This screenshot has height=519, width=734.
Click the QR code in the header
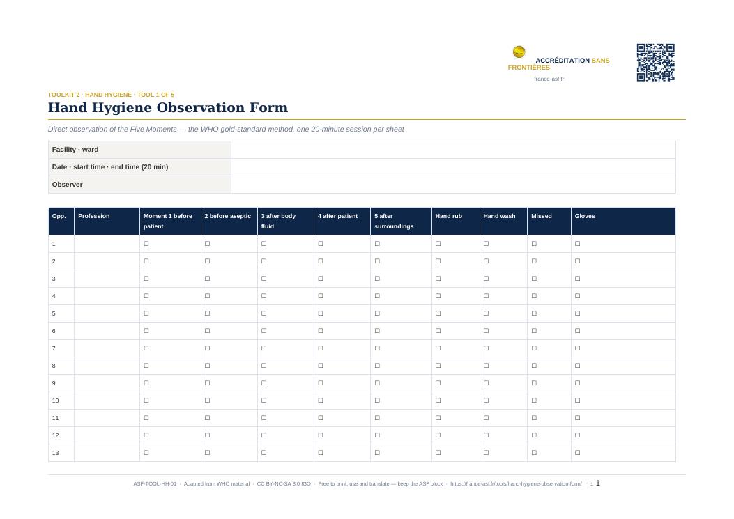[655, 63]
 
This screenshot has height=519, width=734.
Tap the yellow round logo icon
[519, 52]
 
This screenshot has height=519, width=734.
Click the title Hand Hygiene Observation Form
[167, 108]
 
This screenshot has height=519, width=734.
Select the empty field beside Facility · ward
[453, 150]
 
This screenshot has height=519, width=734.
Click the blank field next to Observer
[453, 185]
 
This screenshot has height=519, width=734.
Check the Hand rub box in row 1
[438, 244]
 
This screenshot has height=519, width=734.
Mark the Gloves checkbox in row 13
[578, 453]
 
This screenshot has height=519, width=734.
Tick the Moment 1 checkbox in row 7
[146, 348]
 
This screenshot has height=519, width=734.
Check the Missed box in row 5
[534, 313]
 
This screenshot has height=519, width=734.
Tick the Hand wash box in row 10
[486, 401]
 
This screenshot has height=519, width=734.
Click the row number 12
[55, 435]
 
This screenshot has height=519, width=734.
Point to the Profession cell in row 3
[107, 279]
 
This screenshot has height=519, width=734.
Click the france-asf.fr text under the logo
[549, 79]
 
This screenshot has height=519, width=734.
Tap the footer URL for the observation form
[516, 484]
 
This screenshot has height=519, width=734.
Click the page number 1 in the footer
[598, 483]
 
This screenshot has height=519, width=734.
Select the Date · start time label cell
[139, 167]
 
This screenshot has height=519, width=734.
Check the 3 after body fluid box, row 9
[264, 383]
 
